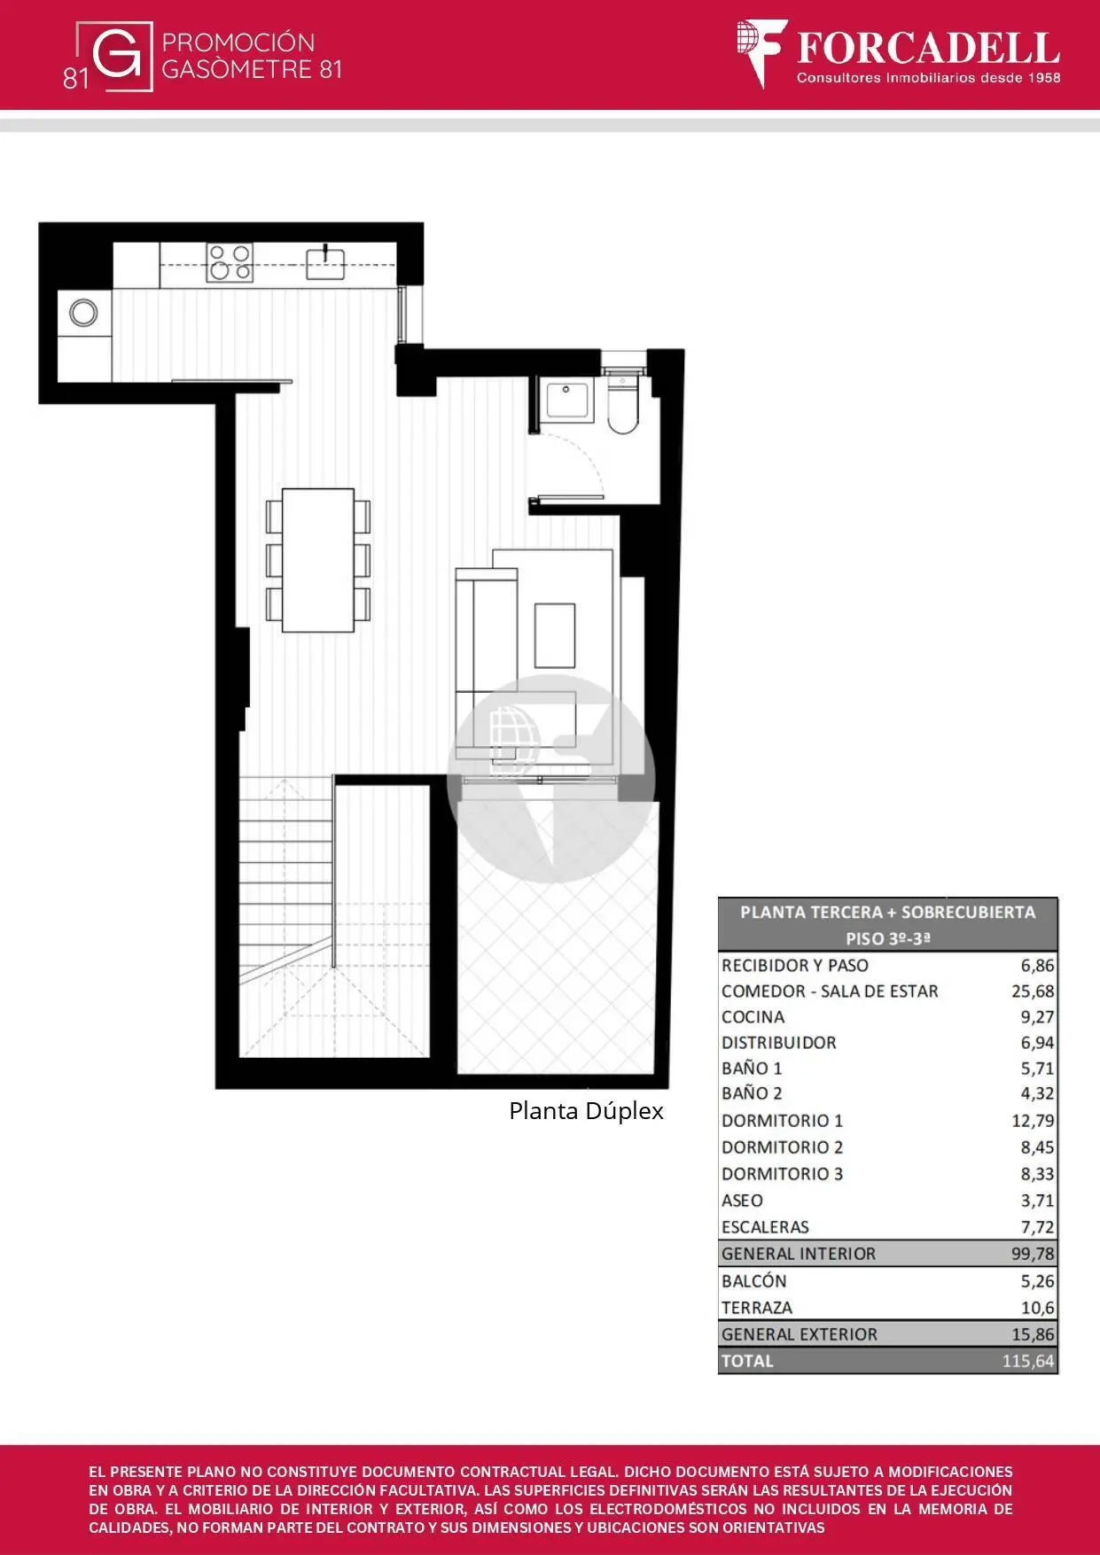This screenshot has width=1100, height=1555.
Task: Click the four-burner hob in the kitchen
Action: tap(230, 262)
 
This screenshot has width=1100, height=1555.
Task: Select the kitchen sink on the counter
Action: tap(325, 262)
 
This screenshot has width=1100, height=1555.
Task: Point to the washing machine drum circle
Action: tap(83, 313)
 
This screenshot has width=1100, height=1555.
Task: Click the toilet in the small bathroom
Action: tap(622, 404)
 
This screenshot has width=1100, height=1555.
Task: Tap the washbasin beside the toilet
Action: tap(568, 400)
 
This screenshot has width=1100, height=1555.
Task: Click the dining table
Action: tap(318, 560)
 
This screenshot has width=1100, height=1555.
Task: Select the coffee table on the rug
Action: tap(555, 636)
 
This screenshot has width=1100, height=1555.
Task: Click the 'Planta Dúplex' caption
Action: tap(586, 1111)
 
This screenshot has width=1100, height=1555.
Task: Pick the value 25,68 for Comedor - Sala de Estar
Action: tap(1033, 991)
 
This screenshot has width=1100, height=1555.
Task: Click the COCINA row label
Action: tap(753, 1017)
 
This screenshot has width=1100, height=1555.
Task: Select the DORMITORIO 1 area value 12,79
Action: tap(1033, 1121)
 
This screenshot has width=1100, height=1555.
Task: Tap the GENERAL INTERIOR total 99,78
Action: tap(1033, 1254)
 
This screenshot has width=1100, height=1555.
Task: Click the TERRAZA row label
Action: tap(757, 1308)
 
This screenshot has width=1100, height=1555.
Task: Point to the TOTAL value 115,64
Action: tap(1028, 1361)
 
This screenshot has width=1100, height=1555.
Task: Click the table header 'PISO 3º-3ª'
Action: tap(888, 938)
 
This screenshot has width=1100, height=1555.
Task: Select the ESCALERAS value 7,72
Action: tap(1037, 1227)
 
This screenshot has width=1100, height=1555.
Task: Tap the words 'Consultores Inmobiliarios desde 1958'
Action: tap(928, 78)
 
